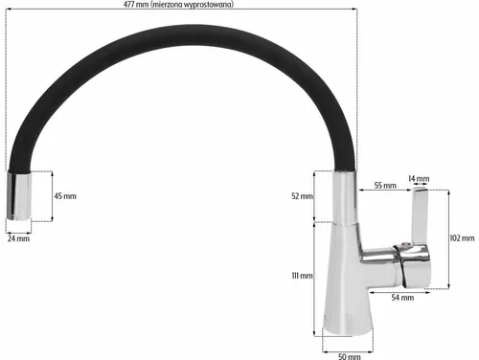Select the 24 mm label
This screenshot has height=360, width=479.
pos(17,238)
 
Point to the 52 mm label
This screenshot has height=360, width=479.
pos(301,196)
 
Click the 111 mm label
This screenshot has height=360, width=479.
pos(301,276)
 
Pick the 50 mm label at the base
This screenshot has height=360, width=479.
pos(350,354)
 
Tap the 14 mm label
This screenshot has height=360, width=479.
pos(419,179)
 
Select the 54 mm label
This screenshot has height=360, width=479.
pos(402,298)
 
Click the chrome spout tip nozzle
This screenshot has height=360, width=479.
pos(19,196)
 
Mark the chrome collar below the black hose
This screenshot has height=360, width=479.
pos(344,191)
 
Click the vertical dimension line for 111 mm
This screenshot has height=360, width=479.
pos(315,278)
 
